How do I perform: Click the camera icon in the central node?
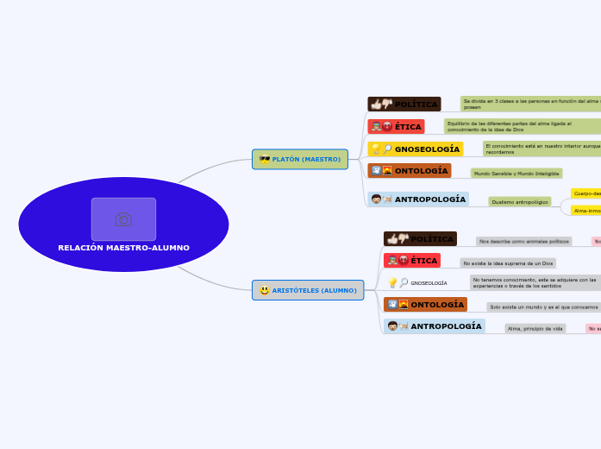[x=123, y=219]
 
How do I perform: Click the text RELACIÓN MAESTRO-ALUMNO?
[x=123, y=248]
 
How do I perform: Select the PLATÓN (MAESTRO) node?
[x=300, y=159]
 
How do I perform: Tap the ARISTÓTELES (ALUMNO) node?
[x=308, y=290]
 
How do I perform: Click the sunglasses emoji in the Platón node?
[x=265, y=159]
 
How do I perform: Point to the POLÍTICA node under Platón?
[x=404, y=104]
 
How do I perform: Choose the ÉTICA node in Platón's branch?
[x=396, y=127]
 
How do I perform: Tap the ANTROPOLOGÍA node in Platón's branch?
[x=418, y=199]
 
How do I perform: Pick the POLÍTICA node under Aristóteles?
[x=420, y=239]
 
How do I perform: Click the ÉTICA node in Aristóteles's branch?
[x=412, y=261]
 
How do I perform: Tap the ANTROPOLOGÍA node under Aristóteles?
[x=434, y=326]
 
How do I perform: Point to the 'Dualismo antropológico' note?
[x=520, y=202]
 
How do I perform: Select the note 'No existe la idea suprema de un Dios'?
[x=508, y=263]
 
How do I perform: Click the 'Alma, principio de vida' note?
[x=535, y=329]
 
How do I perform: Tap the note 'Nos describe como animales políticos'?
[x=523, y=242]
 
